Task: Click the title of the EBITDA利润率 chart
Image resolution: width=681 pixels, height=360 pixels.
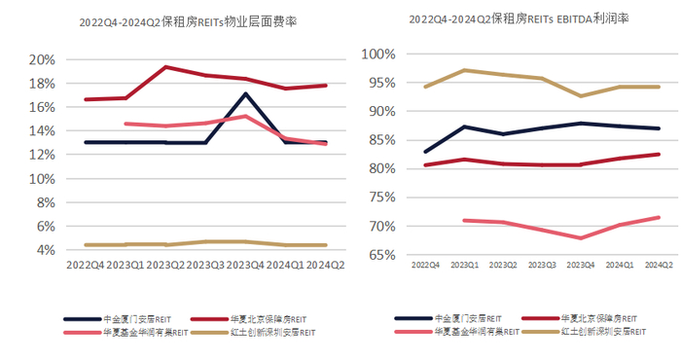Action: click(x=520, y=18)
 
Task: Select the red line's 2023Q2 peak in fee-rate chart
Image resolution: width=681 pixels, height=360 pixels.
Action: click(x=165, y=67)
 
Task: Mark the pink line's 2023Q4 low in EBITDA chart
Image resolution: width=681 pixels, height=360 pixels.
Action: click(x=581, y=237)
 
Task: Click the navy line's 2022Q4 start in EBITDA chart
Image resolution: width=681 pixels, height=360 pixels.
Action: click(x=425, y=152)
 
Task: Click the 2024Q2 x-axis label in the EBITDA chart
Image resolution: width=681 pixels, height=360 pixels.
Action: click(x=659, y=264)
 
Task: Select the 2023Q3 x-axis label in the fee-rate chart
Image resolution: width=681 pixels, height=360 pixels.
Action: click(x=207, y=265)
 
